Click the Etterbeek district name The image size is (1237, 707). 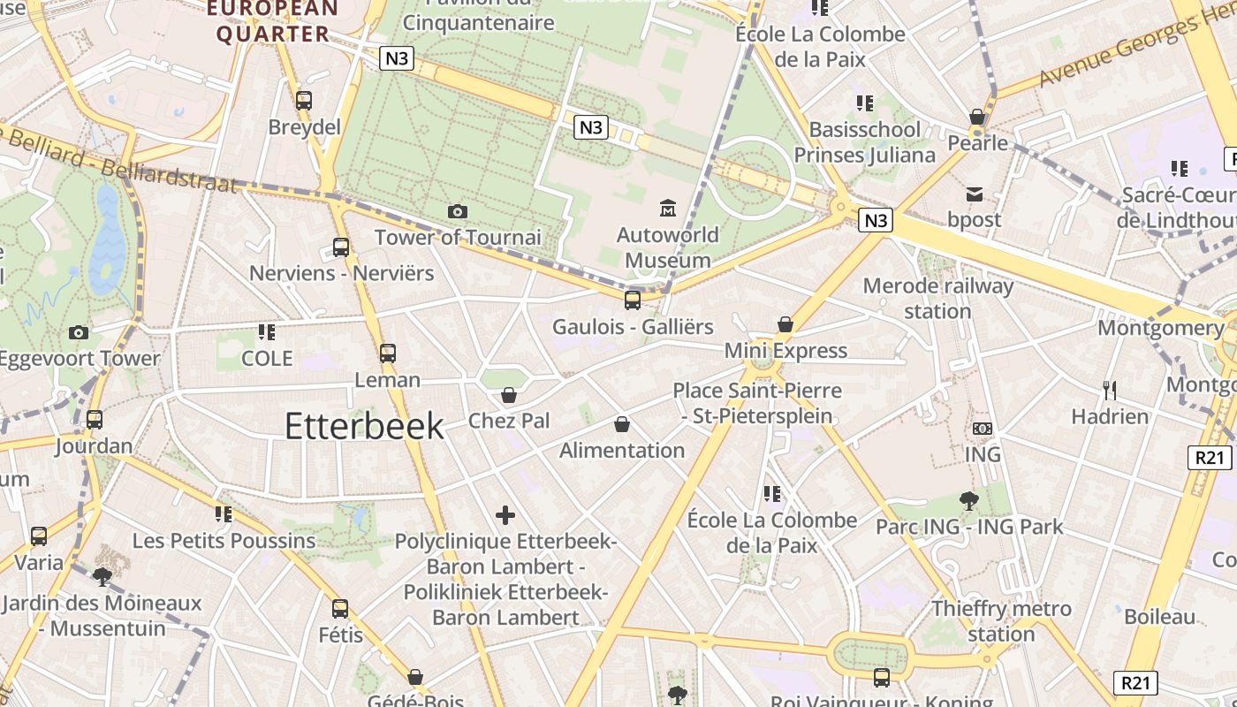pyautogui.click(x=364, y=426)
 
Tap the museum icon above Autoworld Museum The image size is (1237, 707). pyautogui.click(x=668, y=209)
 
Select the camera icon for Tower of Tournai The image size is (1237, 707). pyautogui.click(x=457, y=211)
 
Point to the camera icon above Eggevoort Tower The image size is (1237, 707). pyautogui.click(x=79, y=332)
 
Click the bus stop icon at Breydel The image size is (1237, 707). pyautogui.click(x=304, y=101)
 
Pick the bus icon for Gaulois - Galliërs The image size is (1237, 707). pyautogui.click(x=633, y=300)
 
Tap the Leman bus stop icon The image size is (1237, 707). pyautogui.click(x=387, y=353)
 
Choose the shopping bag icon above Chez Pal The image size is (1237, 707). pyautogui.click(x=509, y=394)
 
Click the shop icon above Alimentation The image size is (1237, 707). pyautogui.click(x=622, y=424)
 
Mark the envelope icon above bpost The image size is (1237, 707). pyautogui.click(x=974, y=194)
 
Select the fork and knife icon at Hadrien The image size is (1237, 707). pyautogui.click(x=1110, y=389)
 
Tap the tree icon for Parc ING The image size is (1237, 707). pyautogui.click(x=969, y=500)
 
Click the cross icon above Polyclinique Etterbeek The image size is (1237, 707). pyautogui.click(x=505, y=514)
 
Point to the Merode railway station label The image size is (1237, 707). pyautogui.click(x=937, y=299)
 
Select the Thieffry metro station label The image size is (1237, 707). pyautogui.click(x=1001, y=621)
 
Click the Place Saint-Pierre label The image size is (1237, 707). pyautogui.click(x=757, y=402)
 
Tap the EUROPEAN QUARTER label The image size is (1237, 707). pyautogui.click(x=273, y=21)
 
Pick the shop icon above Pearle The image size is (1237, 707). pyautogui.click(x=977, y=117)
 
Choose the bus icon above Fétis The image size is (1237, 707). pyautogui.click(x=340, y=608)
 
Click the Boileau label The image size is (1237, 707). pyautogui.click(x=1160, y=617)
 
